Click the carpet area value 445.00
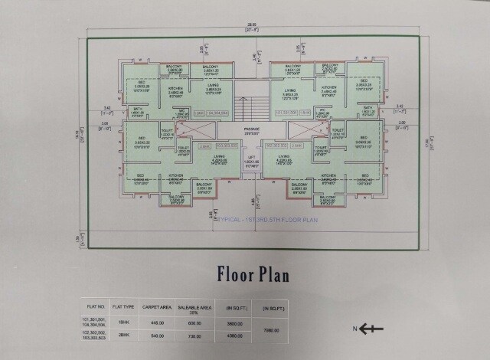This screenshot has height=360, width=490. [x=158, y=322]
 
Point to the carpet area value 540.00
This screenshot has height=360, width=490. [x=158, y=335]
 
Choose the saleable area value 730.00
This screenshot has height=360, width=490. [x=194, y=335]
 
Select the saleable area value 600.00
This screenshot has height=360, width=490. [x=194, y=322]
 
